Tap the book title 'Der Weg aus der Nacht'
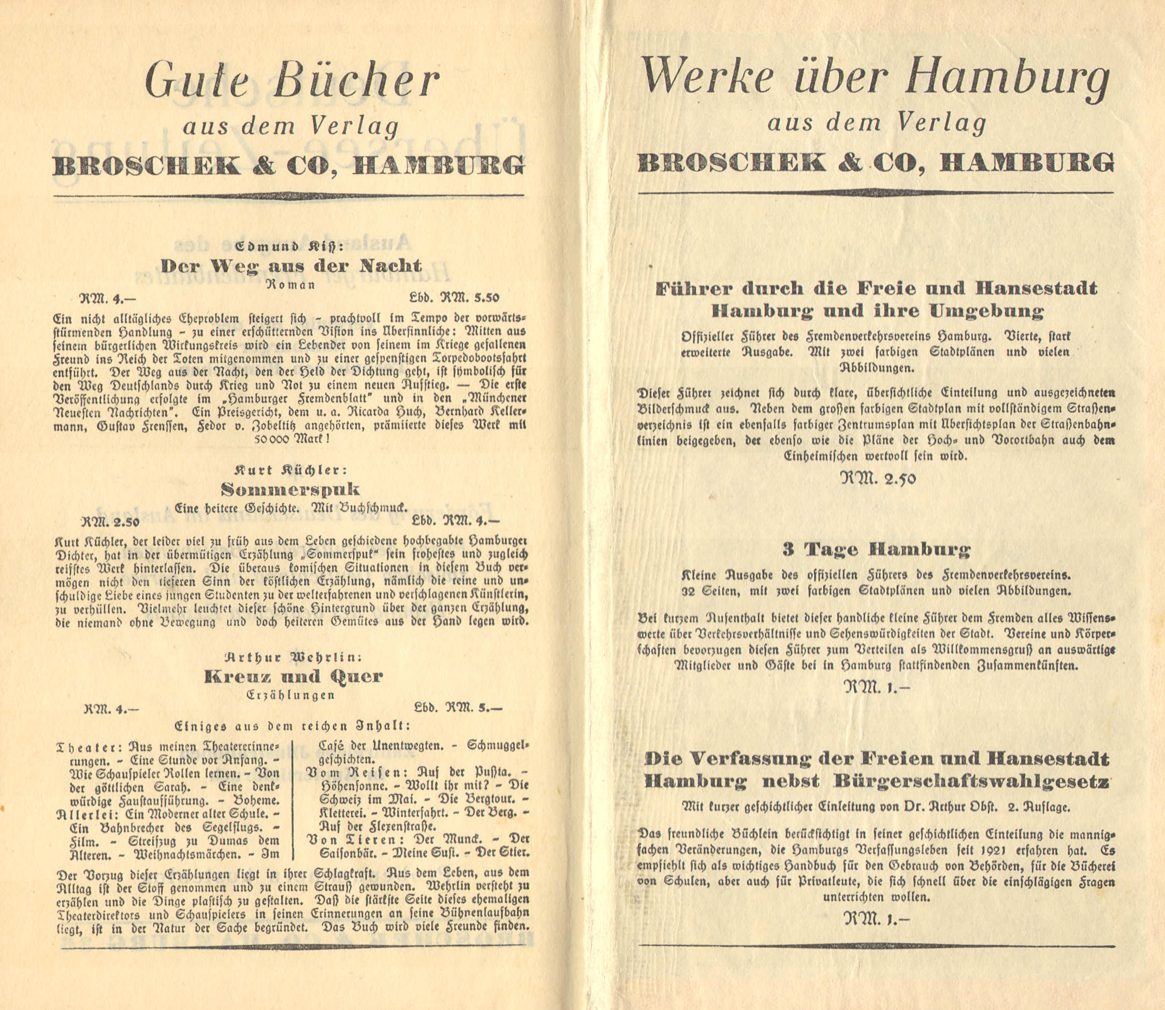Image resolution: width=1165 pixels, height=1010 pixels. pos(290,266)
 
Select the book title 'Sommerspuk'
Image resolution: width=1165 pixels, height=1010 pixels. pos(290,488)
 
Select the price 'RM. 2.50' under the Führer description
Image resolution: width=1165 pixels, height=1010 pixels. pos(878,479)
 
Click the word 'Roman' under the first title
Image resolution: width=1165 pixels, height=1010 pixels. pos(290,285)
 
